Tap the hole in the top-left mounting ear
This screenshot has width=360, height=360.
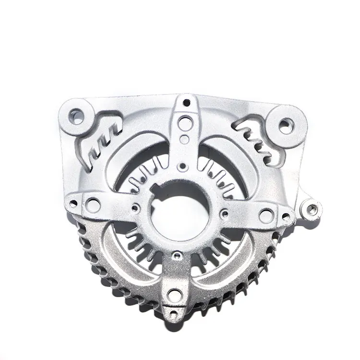click(77, 115)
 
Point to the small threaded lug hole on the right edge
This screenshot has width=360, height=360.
click(312, 209)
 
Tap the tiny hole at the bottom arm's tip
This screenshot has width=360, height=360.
click(174, 308)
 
